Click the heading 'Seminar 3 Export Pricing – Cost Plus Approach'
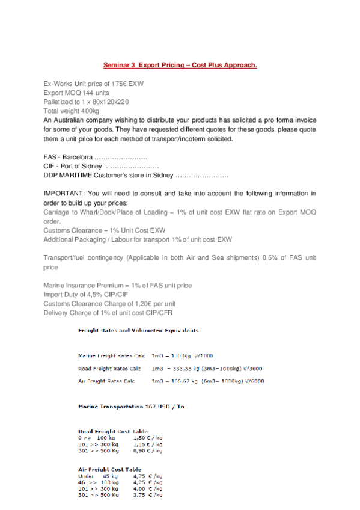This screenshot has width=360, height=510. coord(180,64)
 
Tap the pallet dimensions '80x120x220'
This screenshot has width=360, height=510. coord(112,102)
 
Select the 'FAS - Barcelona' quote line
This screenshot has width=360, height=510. coord(67,156)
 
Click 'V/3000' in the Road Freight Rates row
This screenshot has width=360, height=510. coord(252,368)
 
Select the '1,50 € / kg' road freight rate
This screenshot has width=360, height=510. coord(147,438)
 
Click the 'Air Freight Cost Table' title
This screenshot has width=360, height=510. coord(110,469)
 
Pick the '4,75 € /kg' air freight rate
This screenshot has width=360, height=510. coord(147,476)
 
